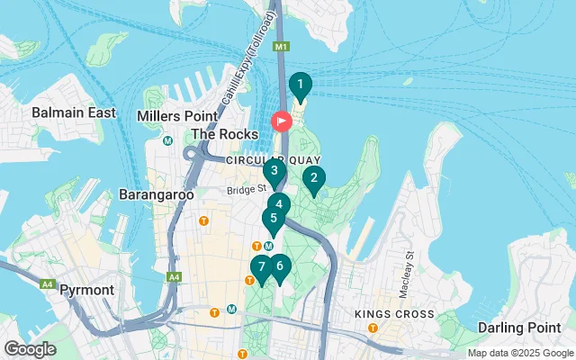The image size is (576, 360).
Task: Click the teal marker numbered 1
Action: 299,85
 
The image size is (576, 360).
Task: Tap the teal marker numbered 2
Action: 313,179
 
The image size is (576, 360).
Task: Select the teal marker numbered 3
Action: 274,170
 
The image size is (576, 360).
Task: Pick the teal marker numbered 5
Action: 272,218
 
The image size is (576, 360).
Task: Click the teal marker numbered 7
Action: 261,266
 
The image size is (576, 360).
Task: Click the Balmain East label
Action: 74,112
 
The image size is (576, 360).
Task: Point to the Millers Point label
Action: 177,116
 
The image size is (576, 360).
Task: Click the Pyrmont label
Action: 86,291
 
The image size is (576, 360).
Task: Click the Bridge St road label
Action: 247,189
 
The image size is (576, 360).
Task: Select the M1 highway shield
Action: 282,46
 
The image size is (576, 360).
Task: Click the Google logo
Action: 31,348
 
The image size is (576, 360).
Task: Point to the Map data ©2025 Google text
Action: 519,353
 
